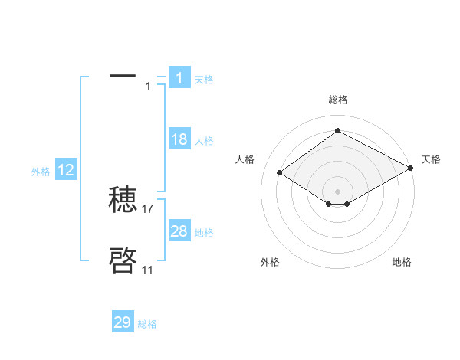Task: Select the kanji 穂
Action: pyautogui.click(x=123, y=200)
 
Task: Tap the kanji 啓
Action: pyautogui.click(x=123, y=260)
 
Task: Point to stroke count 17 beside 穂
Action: pyautogui.click(x=149, y=208)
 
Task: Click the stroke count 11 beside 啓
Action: pyautogui.click(x=147, y=270)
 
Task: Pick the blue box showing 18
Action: pyautogui.click(x=179, y=139)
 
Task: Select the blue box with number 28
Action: pyautogui.click(x=179, y=231)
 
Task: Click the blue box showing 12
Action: pyautogui.click(x=66, y=170)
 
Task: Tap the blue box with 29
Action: pyautogui.click(x=123, y=322)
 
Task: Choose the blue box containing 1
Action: pyautogui.click(x=179, y=77)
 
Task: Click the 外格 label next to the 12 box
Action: pyautogui.click(x=41, y=172)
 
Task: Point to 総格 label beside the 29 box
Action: pyautogui.click(x=147, y=324)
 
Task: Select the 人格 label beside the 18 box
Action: pyautogui.click(x=204, y=141)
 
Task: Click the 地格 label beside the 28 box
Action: pyautogui.click(x=204, y=233)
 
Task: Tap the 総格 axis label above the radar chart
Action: pyautogui.click(x=337, y=100)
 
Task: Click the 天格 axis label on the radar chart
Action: pyautogui.click(x=431, y=159)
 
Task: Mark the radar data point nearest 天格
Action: pyautogui.click(x=411, y=169)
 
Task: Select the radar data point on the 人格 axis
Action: pyautogui.click(x=280, y=173)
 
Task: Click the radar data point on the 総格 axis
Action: pyautogui.click(x=337, y=131)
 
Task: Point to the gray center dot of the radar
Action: pyautogui.click(x=337, y=191)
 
